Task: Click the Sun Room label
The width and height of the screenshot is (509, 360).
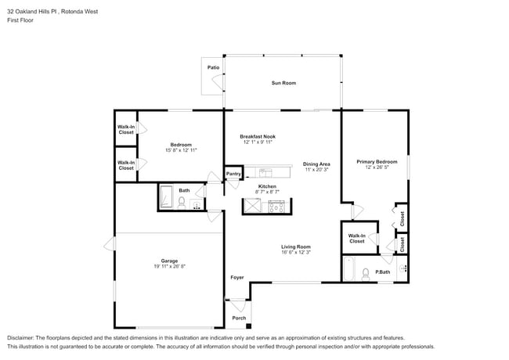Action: click(x=283, y=83)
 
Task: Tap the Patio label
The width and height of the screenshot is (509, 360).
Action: click(x=213, y=68)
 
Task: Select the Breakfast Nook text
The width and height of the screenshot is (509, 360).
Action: click(x=258, y=136)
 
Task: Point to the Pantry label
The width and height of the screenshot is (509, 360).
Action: click(x=233, y=174)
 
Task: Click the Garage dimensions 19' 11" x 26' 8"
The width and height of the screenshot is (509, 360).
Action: click(x=169, y=267)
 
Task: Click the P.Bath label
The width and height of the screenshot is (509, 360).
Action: click(x=383, y=272)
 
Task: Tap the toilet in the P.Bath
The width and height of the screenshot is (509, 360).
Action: click(x=365, y=274)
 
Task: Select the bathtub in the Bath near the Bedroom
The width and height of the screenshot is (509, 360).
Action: click(x=167, y=197)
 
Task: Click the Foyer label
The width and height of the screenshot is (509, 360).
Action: click(x=236, y=278)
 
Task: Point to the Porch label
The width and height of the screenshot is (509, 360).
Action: click(x=239, y=318)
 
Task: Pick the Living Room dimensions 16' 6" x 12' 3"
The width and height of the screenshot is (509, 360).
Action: click(x=296, y=253)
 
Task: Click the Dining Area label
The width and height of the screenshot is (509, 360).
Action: click(x=316, y=164)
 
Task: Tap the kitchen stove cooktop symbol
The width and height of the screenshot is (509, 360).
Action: click(x=276, y=206)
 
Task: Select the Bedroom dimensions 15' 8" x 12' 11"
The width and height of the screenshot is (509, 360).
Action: click(x=181, y=150)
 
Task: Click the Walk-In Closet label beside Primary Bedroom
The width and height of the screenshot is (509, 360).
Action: click(x=356, y=238)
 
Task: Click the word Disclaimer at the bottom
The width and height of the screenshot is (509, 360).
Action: click(x=23, y=337)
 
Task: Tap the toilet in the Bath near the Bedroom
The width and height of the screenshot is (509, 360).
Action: click(x=182, y=203)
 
